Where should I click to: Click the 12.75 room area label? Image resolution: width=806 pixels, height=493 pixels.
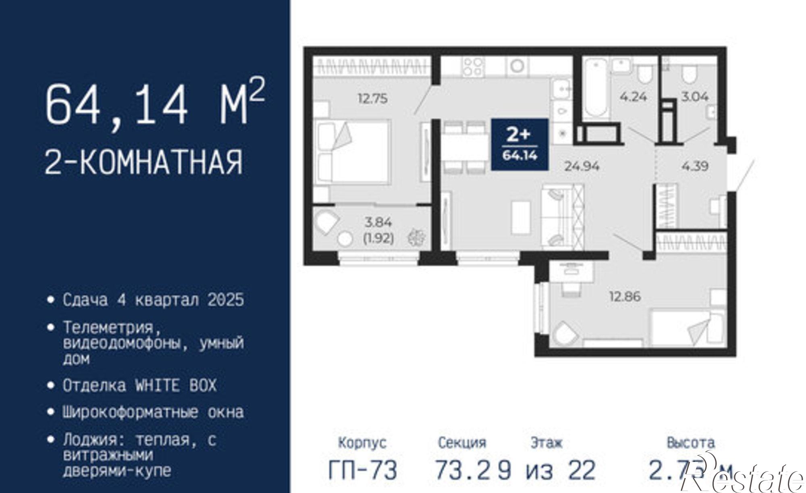373,98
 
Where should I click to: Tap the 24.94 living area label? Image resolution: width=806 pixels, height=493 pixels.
582,166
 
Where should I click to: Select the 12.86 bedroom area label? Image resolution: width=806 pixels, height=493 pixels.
625,297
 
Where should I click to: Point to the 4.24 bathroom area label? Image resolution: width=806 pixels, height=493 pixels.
633,97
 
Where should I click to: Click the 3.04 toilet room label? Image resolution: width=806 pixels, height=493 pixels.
695,97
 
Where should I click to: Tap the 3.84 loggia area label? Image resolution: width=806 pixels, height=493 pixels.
378,222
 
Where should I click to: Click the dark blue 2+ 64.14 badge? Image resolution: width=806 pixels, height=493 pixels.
519,144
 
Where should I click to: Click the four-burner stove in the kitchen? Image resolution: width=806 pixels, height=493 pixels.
473,67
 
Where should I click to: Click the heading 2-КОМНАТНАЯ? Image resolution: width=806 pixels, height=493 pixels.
144,162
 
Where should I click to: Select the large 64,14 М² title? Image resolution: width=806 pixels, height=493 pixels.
155,104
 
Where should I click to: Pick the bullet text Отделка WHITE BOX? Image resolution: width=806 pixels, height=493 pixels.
139,386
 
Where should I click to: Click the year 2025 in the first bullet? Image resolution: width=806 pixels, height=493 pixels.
226,300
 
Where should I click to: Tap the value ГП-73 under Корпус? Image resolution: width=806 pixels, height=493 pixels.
363,470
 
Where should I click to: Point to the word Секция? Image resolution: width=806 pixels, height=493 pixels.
462,443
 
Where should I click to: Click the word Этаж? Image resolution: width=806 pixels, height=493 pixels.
546,443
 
